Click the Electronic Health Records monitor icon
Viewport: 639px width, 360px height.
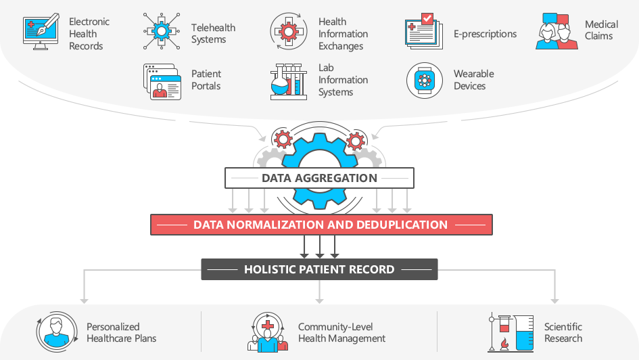(41, 32)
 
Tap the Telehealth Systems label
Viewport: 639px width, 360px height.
(213, 33)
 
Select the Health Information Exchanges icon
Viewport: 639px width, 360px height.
(289, 31)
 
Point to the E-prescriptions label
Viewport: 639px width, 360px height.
(485, 34)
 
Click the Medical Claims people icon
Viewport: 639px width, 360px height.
(557, 31)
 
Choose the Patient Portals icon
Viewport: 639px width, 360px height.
(162, 81)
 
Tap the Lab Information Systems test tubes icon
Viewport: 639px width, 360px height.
(289, 81)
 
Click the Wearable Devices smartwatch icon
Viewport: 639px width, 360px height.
(424, 81)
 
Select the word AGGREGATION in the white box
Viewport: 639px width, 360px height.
(336, 178)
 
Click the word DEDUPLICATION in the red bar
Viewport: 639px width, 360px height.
(402, 225)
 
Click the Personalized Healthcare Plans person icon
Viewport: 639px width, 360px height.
(57, 332)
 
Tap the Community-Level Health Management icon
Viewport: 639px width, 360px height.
(268, 332)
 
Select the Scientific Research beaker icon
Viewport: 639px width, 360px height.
(511, 333)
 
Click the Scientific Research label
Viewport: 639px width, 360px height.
(563, 332)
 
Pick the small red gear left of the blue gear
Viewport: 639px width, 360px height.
(283, 139)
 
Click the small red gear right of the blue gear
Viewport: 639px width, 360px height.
(356, 141)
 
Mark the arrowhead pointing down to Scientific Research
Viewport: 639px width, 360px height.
(554, 301)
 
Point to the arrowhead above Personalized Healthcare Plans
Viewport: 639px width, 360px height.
(84, 301)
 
